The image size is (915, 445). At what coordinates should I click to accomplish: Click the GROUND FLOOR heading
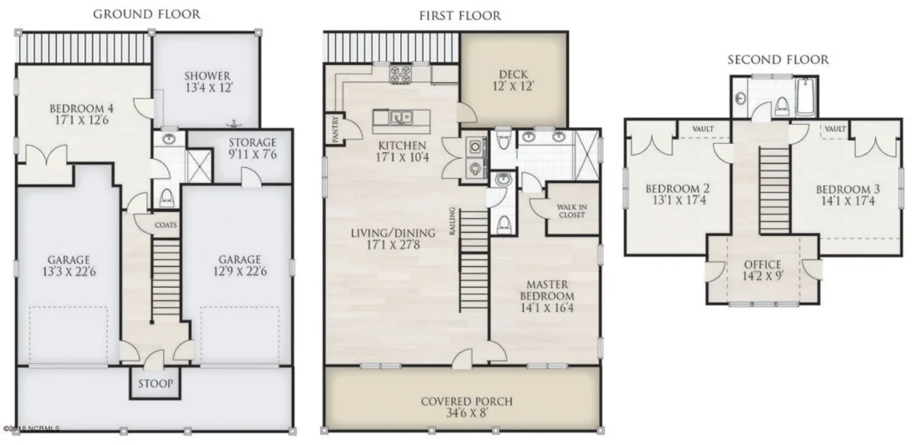146,14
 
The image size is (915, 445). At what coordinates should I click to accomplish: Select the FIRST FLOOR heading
460,16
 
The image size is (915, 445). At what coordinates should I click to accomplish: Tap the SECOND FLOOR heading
778,60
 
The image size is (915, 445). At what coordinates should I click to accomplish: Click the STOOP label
154,383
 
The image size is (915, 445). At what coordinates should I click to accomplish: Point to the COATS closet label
166,225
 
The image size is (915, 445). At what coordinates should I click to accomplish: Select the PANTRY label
335,130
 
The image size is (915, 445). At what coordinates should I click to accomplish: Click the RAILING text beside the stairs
452,222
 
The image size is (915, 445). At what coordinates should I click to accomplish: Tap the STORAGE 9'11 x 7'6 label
252,148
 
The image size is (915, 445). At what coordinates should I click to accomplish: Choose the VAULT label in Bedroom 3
834,130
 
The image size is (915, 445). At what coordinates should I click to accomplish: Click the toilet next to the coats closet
166,196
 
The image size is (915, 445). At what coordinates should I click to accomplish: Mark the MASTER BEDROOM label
547,289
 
